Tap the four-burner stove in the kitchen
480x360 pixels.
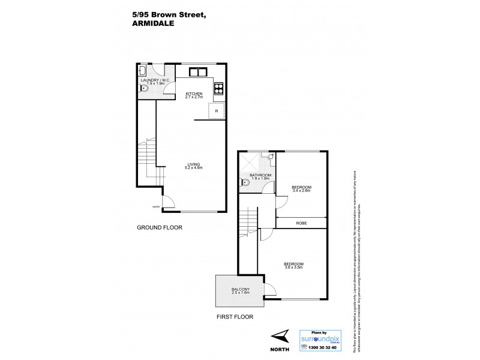coord(218,88)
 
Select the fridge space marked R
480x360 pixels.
coord(216,112)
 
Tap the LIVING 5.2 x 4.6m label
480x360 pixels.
coord(193,166)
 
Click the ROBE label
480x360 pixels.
coord(302,223)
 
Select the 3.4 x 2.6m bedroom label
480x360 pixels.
coord(301,188)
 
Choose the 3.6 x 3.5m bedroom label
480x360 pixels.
coord(294,265)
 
